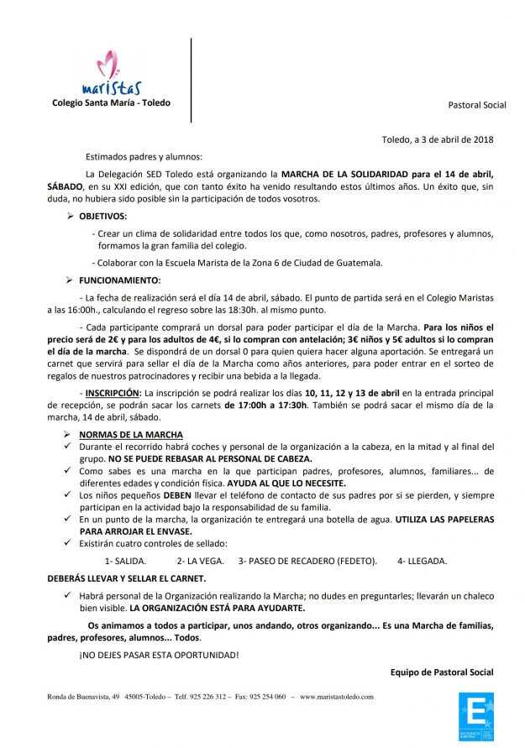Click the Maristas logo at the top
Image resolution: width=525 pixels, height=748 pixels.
111,74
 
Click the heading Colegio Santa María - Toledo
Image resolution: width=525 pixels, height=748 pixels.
111,102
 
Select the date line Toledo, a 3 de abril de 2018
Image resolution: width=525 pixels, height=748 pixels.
432,141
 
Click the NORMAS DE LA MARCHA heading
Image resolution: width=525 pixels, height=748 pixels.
131,434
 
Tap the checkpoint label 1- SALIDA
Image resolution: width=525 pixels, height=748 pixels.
125,560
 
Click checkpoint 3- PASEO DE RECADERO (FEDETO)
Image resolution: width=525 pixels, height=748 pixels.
307,560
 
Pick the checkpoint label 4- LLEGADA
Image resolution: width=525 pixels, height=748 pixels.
422,560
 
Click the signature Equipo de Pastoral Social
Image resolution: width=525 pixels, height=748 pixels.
442,672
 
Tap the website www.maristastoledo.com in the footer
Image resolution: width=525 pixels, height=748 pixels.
337,697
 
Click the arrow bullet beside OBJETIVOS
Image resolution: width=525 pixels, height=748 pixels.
71,217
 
